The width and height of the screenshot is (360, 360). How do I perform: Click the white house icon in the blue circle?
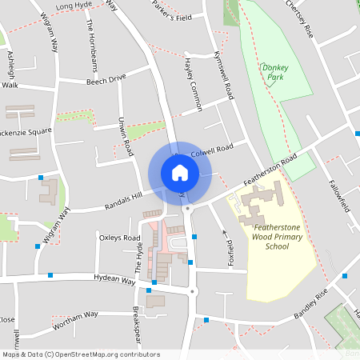(179, 172)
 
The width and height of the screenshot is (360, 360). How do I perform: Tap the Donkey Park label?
(274, 73)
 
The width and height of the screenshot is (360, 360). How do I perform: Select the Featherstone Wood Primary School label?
(278, 239)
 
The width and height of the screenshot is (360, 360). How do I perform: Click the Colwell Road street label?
(212, 149)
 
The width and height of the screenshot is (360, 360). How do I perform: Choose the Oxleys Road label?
(119, 238)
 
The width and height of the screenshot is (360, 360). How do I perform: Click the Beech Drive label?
(106, 78)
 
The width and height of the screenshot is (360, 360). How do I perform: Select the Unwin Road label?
(126, 136)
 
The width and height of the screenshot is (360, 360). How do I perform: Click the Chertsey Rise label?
(294, 10)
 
